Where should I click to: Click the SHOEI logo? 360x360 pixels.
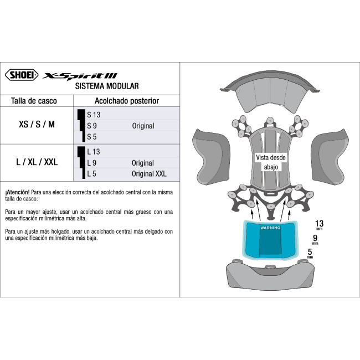click(21, 75)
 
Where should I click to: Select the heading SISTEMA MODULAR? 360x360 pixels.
click(106, 86)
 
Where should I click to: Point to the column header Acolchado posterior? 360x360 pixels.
click(127, 101)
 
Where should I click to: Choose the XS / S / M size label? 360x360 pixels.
click(37, 125)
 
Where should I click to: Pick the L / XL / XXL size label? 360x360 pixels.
click(37, 162)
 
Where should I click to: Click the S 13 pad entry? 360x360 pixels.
click(94, 115)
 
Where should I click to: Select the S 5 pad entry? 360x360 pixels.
click(92, 136)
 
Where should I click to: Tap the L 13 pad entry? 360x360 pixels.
click(93, 152)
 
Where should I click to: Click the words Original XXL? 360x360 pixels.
click(149, 174)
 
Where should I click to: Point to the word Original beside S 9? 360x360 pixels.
click(143, 126)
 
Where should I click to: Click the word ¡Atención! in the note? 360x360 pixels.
click(17, 192)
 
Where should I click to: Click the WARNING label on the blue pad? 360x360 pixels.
click(271, 228)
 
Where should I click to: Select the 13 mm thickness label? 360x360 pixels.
click(319, 224)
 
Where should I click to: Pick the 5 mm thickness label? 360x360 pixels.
click(310, 253)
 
